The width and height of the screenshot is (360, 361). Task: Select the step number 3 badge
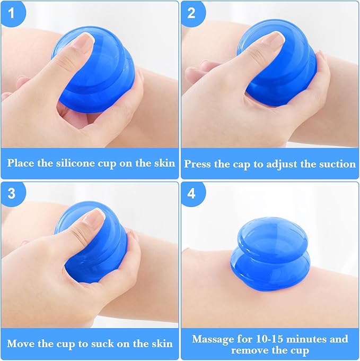click(x=11, y=193)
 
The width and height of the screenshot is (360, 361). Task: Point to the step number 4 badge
click(x=191, y=193)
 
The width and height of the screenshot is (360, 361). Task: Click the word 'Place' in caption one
click(x=21, y=162)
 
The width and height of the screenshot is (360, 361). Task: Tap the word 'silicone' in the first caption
click(x=73, y=162)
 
